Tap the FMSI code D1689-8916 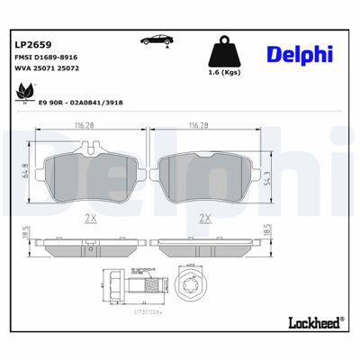(46, 57)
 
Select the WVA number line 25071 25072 (47, 70)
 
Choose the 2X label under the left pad (90, 218)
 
